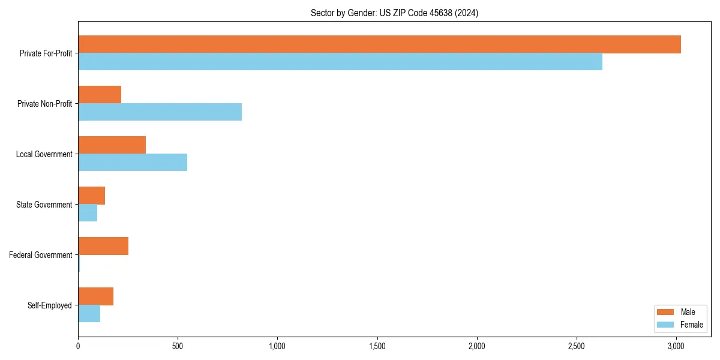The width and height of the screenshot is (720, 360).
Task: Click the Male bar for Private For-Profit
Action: point(379,44)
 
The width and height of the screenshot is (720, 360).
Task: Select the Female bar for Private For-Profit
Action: point(340,62)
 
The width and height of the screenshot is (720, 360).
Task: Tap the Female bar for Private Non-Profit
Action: point(160,112)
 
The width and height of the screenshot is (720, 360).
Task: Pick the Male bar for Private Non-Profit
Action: point(100,95)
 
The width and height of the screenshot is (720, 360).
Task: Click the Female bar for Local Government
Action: point(133,163)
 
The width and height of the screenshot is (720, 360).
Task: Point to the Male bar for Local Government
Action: point(112,145)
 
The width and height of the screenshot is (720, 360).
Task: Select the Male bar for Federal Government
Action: point(103,246)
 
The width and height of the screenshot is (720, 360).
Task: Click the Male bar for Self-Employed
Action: point(95,296)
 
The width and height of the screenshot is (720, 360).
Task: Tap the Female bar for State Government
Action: point(88,213)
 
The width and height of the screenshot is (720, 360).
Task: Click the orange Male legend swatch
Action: point(666,312)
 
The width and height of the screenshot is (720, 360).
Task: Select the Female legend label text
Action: point(691,325)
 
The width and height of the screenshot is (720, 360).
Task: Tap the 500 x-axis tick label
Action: point(178,347)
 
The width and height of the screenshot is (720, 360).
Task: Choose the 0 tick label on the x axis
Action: point(78,347)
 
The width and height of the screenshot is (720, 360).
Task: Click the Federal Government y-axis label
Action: point(41,255)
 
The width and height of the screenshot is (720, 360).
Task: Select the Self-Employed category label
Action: point(50,305)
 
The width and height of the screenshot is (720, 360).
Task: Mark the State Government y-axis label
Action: point(44,205)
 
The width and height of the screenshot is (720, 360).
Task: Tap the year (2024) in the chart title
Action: point(467,13)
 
